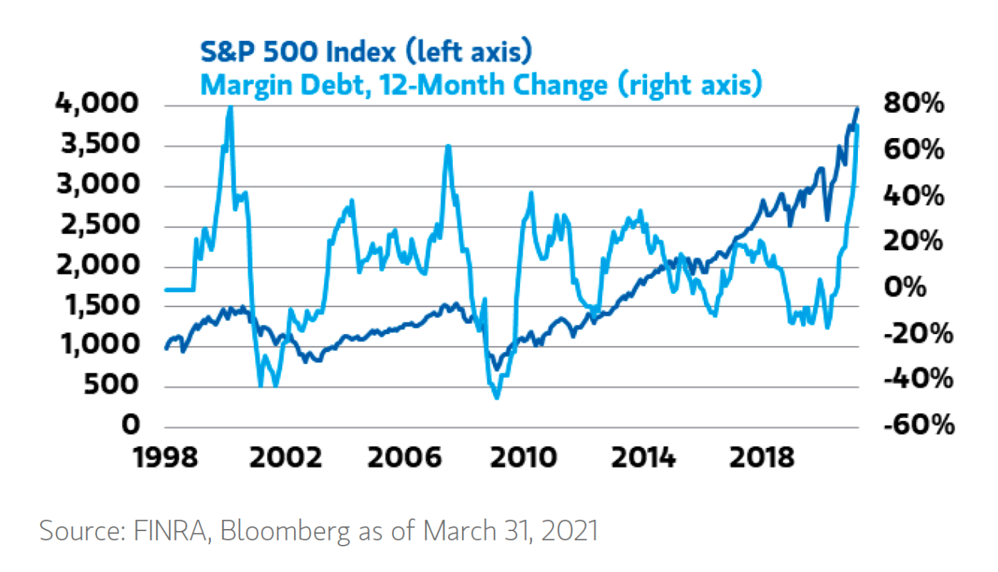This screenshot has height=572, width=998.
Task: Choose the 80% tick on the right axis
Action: click(914, 105)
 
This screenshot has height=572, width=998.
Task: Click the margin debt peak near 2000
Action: click(230, 107)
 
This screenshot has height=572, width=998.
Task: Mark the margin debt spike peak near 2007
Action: click(449, 146)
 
